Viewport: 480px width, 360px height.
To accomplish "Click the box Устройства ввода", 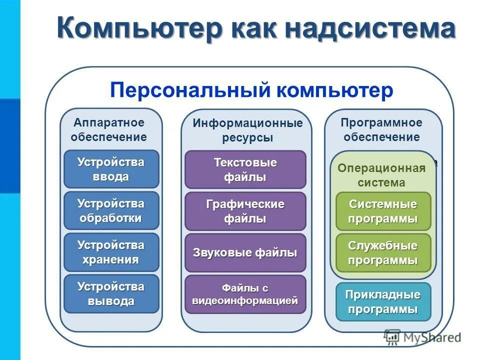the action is click(111, 169).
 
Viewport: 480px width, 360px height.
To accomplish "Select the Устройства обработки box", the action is click(111, 210).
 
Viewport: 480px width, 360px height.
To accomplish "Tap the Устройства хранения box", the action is click(111, 252).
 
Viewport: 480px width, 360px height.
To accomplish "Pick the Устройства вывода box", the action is click(111, 293).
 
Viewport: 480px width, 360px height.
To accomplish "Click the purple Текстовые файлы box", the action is click(245, 169).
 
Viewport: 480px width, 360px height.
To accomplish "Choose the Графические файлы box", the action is click(245, 211).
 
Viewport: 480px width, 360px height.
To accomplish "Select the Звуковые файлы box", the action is click(245, 252).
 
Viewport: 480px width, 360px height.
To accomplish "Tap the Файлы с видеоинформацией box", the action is click(245, 294).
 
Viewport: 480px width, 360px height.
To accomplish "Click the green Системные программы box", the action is click(383, 211).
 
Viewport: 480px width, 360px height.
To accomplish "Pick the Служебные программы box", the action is click(383, 252).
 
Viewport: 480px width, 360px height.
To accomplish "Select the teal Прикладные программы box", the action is click(383, 301).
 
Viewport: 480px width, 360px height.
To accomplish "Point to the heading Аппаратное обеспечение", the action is click(109, 129).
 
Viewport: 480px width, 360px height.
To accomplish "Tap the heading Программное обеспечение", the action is click(381, 129).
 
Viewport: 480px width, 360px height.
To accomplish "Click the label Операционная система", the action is click(381, 175).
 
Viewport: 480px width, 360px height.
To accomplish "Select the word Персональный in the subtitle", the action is click(187, 90).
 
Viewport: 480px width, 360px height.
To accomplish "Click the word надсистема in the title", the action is click(370, 29).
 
